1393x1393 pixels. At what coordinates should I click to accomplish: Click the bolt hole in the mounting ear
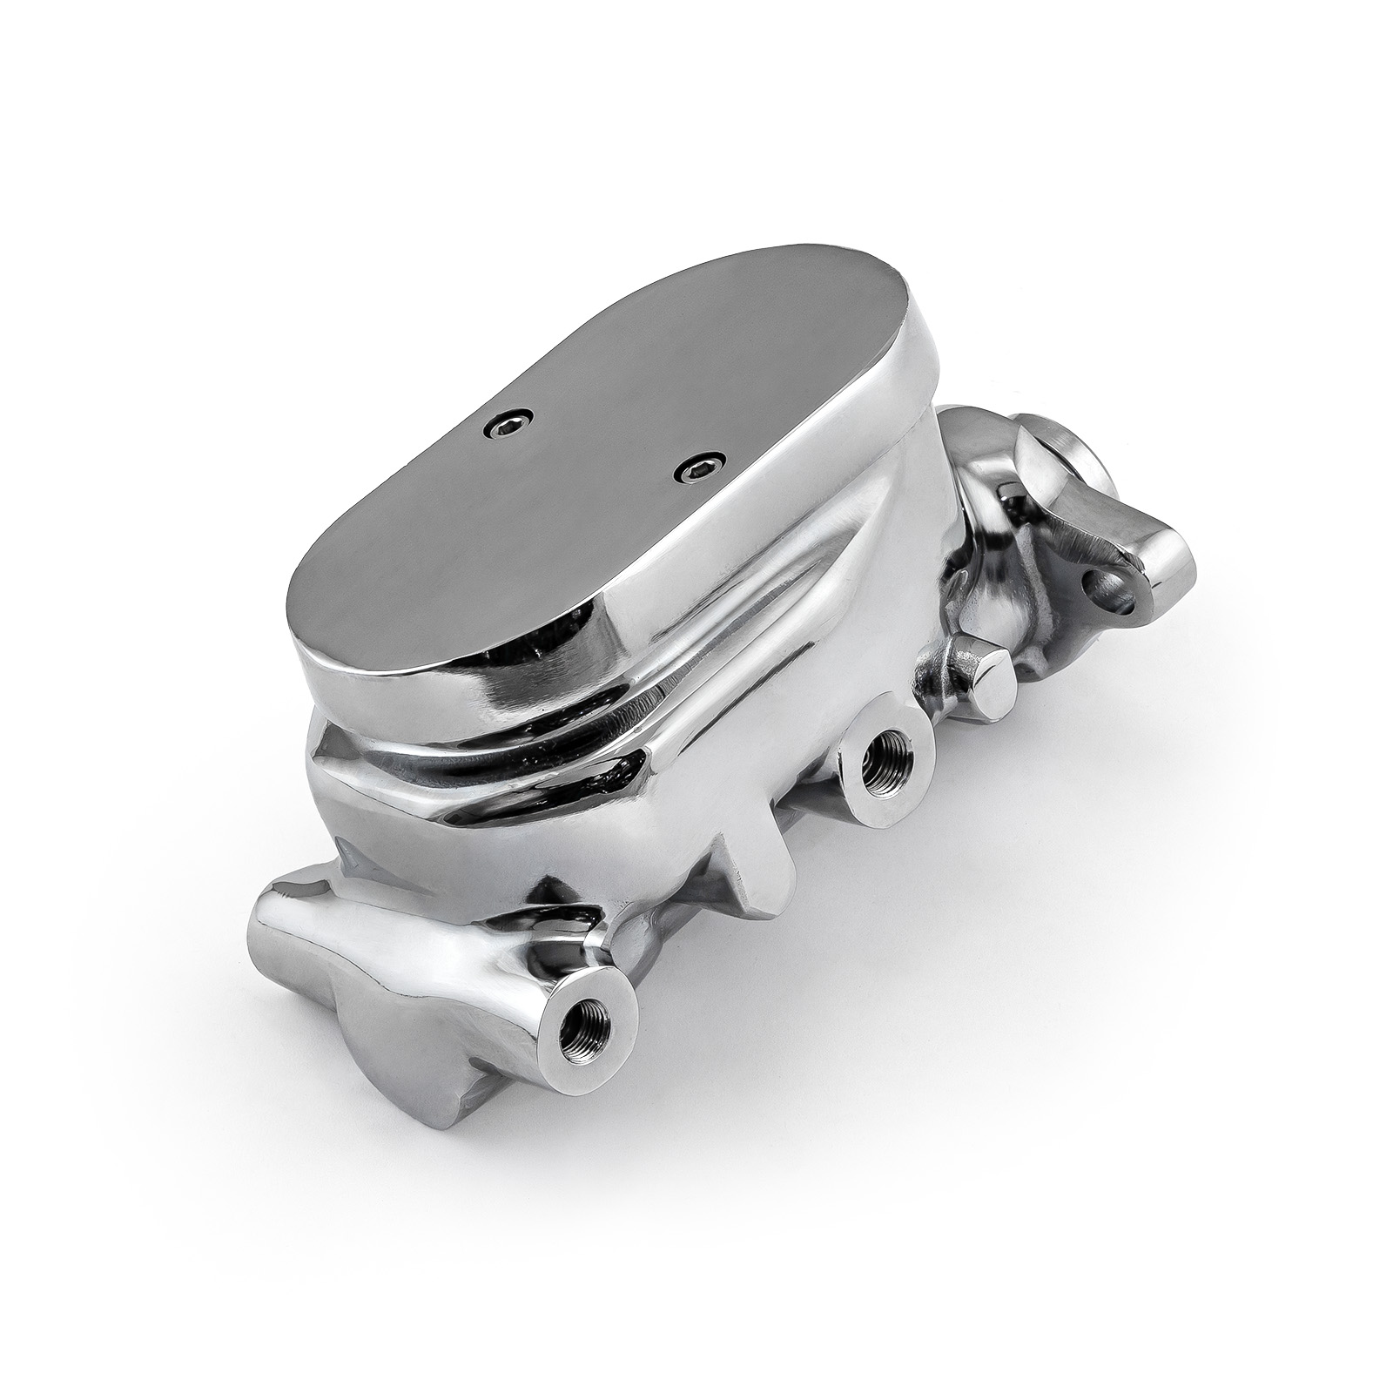click(1119, 590)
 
